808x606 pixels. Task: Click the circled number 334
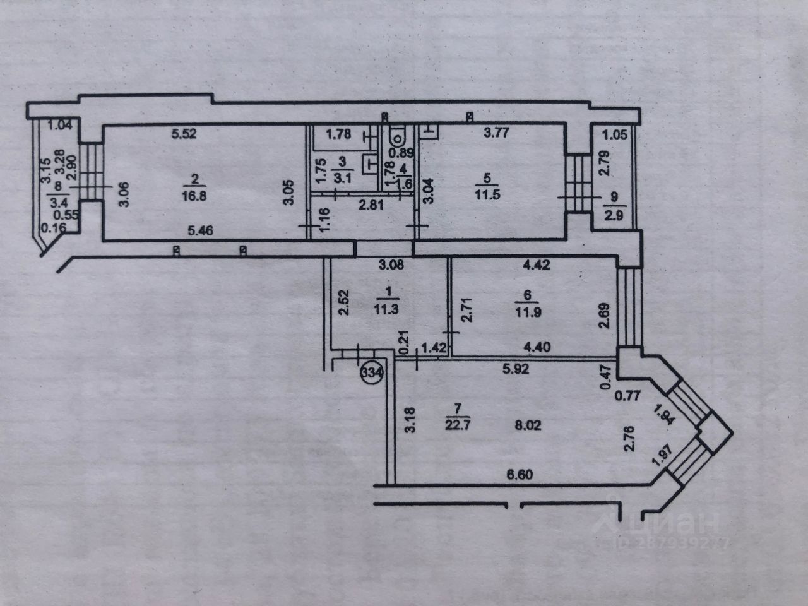[372, 372]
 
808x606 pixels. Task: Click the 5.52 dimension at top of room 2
[186, 134]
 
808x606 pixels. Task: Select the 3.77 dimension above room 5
[496, 133]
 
